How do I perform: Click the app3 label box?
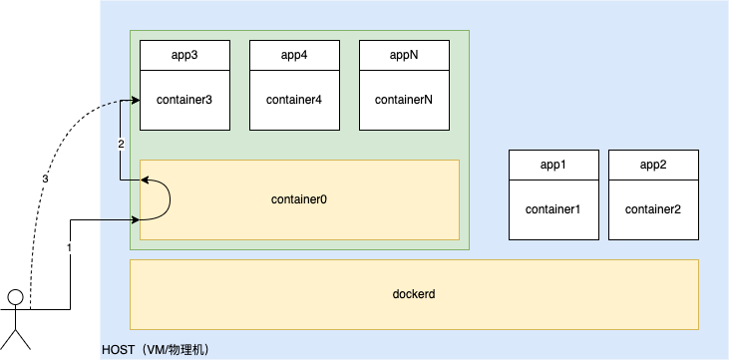(184, 56)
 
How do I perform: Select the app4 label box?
(294, 56)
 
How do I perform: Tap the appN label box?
(404, 56)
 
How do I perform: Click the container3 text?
(184, 100)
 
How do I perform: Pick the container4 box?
(294, 100)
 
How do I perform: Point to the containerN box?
(404, 100)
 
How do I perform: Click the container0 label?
(299, 199)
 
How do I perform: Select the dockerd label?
(414, 295)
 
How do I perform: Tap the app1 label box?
(553, 166)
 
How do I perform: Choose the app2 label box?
(653, 166)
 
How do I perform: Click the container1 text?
(553, 209)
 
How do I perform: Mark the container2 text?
(653, 209)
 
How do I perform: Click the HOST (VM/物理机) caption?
(155, 351)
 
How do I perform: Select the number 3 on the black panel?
(45, 180)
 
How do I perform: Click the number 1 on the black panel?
(69, 247)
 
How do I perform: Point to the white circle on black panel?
(15, 297)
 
